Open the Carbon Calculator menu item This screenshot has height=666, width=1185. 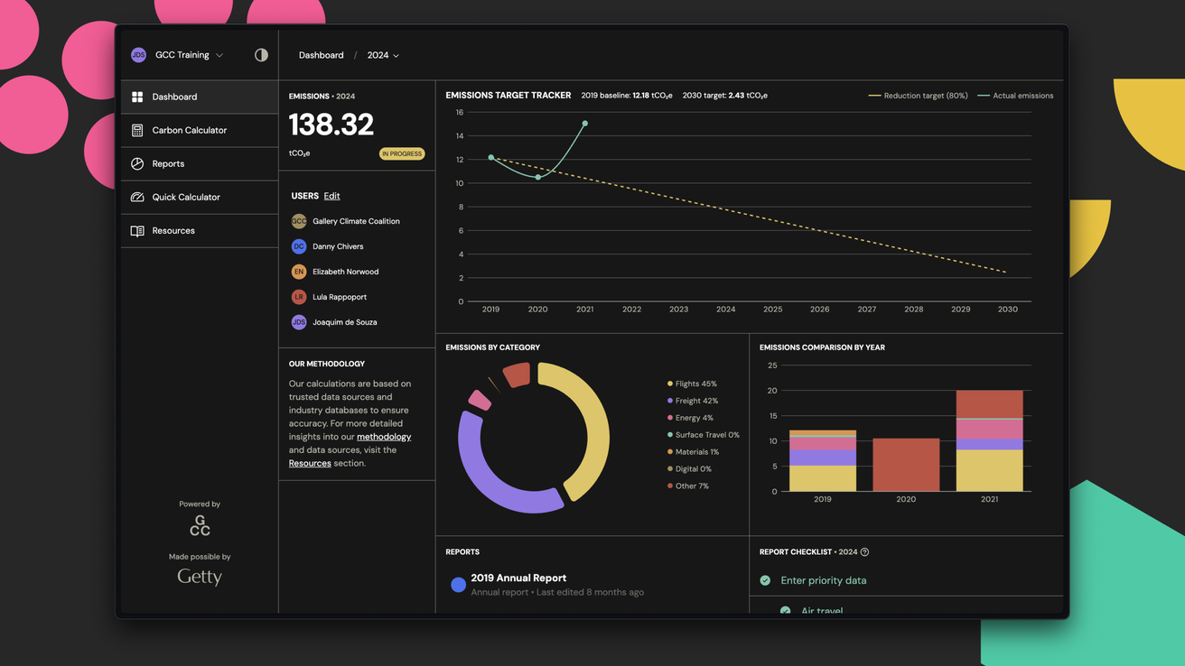(x=189, y=130)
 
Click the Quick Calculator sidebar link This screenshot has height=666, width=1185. (x=185, y=197)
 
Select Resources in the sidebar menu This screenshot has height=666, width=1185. (x=173, y=230)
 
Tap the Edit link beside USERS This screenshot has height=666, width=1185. (x=331, y=196)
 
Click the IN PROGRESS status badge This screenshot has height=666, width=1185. (x=402, y=153)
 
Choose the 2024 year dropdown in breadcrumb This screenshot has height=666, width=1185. (x=383, y=55)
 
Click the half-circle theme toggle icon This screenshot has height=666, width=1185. (x=261, y=55)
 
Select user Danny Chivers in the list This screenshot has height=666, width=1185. (x=337, y=246)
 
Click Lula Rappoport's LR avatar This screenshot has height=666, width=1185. (x=299, y=297)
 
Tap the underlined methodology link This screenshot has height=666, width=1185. (x=384, y=437)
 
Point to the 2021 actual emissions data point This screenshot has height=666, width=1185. (x=585, y=124)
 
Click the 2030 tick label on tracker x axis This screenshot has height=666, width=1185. (x=1007, y=310)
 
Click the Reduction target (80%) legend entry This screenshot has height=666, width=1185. (x=919, y=96)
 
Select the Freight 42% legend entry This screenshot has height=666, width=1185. (x=695, y=401)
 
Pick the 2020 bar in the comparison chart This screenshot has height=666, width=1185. (x=906, y=465)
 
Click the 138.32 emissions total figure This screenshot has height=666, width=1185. (x=331, y=125)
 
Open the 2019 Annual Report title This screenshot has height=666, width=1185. (x=518, y=578)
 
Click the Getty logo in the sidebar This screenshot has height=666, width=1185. (x=200, y=577)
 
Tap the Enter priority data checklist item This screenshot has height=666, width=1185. (x=823, y=580)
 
